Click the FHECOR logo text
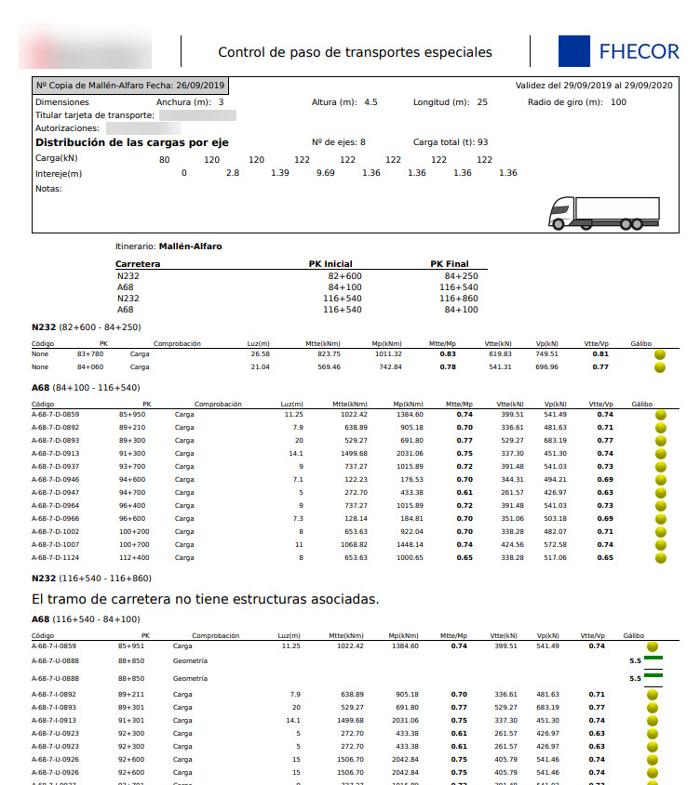639,52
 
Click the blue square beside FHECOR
573,51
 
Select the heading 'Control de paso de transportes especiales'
355,52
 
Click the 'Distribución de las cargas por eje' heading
131,142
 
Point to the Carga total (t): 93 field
451,142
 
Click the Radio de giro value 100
618,102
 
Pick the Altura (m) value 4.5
370,102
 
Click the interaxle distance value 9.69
326,173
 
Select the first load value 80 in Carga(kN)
165,160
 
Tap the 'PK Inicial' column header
330,264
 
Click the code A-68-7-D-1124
56,558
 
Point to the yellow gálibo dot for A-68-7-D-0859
661,415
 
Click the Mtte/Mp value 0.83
448,354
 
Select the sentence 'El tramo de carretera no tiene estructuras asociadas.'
205,599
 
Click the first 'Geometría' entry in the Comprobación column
190,660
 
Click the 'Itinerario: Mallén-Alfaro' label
168,246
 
